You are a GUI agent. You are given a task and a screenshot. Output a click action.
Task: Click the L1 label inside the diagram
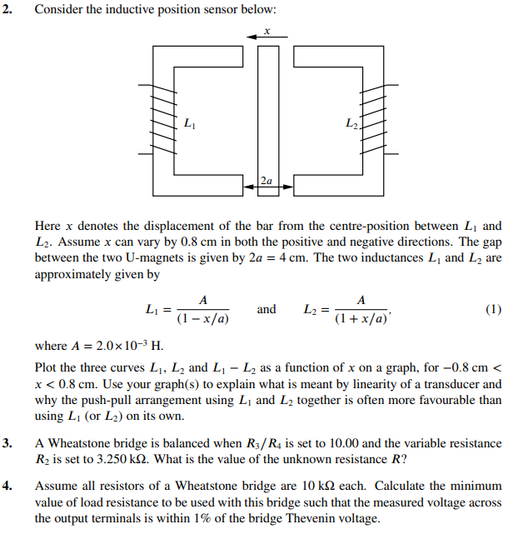(x=191, y=126)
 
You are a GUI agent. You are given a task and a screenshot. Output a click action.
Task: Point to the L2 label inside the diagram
(x=351, y=126)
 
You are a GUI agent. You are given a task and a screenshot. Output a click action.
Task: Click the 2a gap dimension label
(x=266, y=179)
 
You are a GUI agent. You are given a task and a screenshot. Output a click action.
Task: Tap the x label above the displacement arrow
(x=266, y=30)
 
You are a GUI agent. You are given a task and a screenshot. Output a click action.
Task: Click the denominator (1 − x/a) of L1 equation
(x=203, y=319)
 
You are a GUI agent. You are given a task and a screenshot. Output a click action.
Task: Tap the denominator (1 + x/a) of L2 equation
(x=361, y=319)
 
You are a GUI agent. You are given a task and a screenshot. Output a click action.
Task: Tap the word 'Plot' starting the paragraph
(x=46, y=367)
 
